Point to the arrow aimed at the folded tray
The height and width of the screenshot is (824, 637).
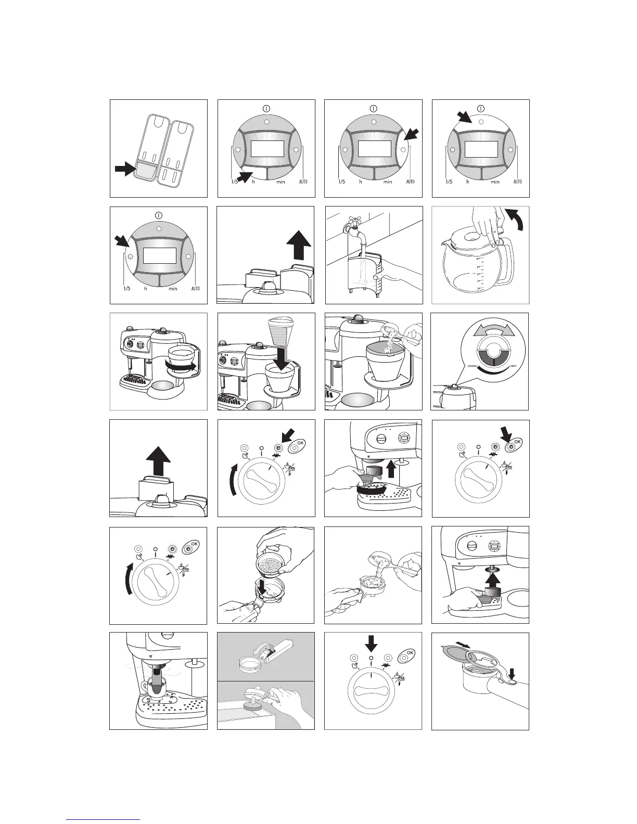tap(125, 169)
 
